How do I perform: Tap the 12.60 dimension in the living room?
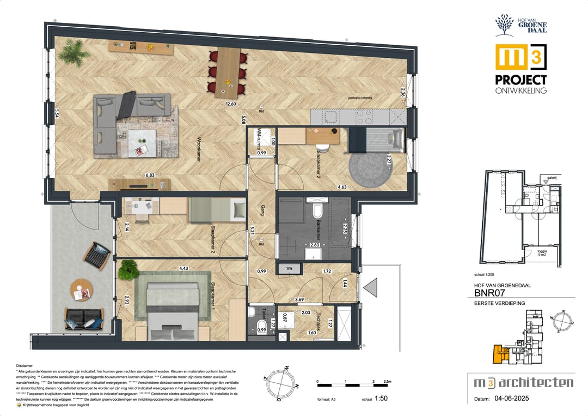pyautogui.click(x=231, y=104)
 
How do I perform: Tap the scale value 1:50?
pyautogui.click(x=382, y=399)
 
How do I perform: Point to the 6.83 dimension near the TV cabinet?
pyautogui.click(x=150, y=175)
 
